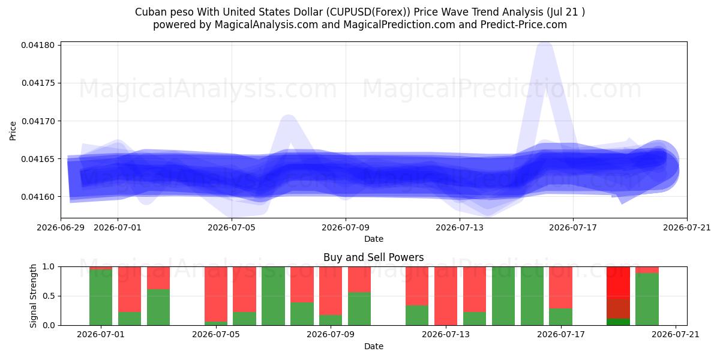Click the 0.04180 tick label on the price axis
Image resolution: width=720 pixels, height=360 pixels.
coord(37,45)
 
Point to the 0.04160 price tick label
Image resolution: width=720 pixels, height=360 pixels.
coord(37,197)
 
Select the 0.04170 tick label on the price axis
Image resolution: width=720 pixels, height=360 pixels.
coord(37,121)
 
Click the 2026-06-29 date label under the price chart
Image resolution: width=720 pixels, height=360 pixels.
coord(61,227)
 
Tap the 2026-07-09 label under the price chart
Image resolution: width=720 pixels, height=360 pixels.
coord(346,227)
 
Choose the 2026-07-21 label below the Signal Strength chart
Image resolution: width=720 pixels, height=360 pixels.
coord(676,334)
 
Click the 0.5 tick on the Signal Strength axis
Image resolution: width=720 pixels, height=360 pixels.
coord(49,296)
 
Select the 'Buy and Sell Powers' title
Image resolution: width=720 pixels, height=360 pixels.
coord(373,257)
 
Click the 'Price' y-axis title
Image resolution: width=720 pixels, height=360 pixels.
coord(13,131)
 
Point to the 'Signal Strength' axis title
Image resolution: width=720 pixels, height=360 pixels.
coord(33,296)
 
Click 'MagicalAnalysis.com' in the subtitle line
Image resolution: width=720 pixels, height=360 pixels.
coord(266,25)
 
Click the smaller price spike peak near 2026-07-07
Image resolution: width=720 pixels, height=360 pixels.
coord(289,118)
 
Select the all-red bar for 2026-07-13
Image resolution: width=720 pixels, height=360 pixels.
coord(445,296)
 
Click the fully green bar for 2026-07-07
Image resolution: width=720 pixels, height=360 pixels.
coord(273,296)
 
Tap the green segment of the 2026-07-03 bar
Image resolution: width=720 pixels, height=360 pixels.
coord(158,307)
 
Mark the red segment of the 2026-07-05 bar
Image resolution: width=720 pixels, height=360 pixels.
coord(216,294)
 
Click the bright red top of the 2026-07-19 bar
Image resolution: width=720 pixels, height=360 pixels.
coord(618,283)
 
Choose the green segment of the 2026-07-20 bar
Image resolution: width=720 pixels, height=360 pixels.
coord(647,299)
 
